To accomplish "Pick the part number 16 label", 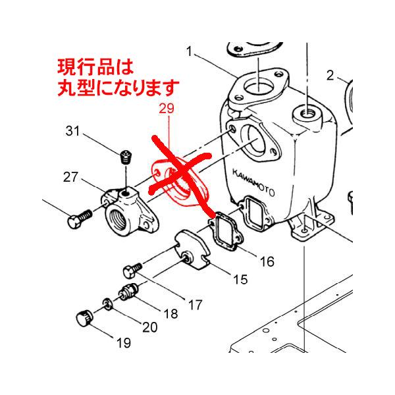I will [266, 261].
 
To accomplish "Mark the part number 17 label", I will [195, 305].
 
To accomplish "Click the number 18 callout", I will [170, 314].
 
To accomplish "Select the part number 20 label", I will [149, 327].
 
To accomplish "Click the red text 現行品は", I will [95, 66].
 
